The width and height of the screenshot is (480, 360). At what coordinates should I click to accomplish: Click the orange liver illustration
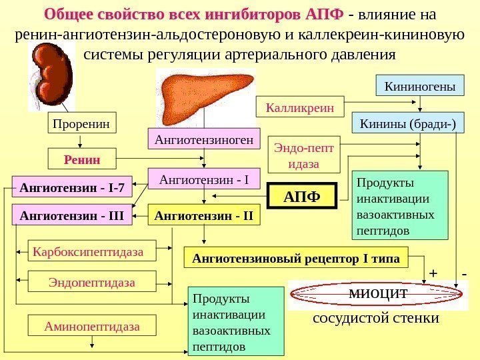point(206,94)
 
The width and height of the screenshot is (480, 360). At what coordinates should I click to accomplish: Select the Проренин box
point(82,124)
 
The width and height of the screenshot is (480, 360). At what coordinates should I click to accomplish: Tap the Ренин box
point(82,160)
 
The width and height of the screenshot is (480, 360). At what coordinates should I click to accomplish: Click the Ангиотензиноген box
point(203,140)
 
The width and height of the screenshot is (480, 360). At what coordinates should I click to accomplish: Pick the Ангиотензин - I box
point(203,179)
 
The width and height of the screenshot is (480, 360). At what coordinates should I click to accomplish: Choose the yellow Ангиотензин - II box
point(203,215)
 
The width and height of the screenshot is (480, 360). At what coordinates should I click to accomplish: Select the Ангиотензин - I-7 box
point(73,188)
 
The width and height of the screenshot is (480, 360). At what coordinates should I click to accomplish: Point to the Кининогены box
point(421,87)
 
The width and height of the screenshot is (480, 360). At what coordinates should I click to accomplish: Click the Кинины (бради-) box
point(408,123)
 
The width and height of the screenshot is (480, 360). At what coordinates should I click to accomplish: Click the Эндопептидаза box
point(92,282)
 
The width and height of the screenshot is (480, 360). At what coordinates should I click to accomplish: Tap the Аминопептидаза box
point(93,327)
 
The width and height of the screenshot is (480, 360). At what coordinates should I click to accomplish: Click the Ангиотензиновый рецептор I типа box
point(297,259)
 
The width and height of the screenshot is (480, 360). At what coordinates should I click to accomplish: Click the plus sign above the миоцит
point(433,274)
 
